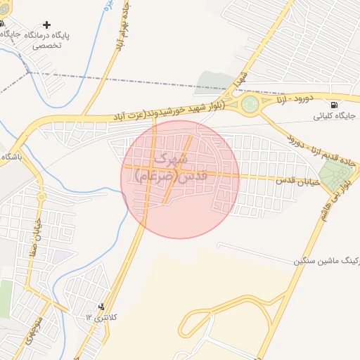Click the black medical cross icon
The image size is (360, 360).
47,25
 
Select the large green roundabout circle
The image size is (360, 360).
250,105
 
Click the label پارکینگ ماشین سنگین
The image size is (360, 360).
330,261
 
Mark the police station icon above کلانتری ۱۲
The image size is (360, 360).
102,307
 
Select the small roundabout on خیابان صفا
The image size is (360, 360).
41,197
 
